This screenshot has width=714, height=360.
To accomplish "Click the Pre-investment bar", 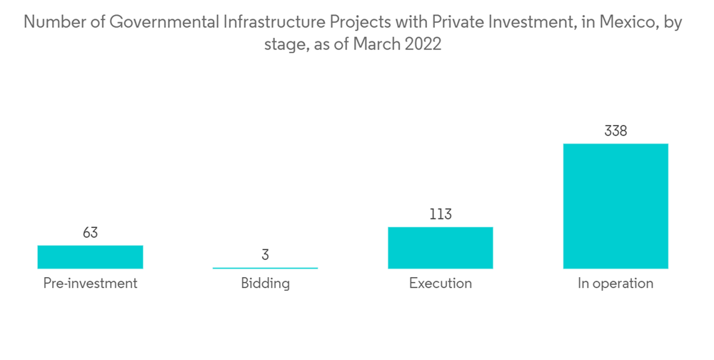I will pos(90,257).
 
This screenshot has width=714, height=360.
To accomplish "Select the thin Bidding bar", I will pos(265,268).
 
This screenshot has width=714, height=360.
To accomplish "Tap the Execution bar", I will pos(441,248).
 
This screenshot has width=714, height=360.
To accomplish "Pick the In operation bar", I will pos(615,206).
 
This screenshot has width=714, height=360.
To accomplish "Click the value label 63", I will pos(90,232).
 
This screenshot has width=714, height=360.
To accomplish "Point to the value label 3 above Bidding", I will pos(265,255).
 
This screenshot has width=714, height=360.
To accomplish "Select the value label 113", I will pos(441,214).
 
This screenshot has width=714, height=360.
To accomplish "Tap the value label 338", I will pos(615,131).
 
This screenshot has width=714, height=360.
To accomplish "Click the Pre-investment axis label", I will pos(90,284).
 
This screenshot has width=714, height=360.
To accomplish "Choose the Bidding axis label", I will pos(265,284).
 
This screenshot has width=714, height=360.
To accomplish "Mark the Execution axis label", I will pos(441,284).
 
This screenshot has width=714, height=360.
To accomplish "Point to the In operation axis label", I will pos(615,284).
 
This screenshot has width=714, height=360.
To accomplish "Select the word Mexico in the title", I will pos(630,22).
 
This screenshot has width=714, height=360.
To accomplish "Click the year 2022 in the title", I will pos(423,44).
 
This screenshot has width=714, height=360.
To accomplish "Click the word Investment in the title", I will pos(527,22).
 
